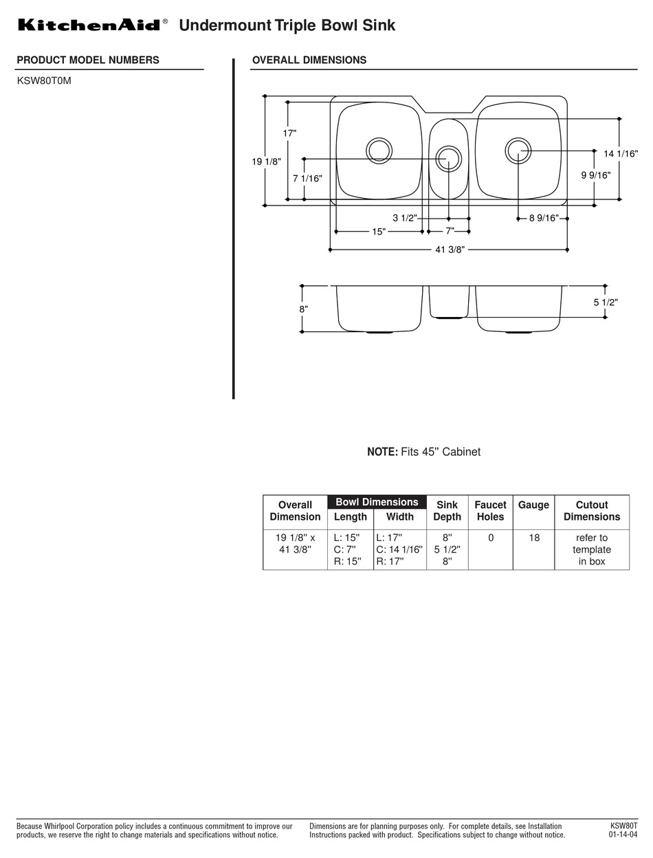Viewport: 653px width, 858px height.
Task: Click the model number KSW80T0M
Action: pyautogui.click(x=44, y=80)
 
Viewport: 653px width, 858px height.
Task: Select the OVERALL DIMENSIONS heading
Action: pyautogui.click(x=309, y=60)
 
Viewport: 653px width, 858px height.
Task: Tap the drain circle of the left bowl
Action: pyautogui.click(x=379, y=150)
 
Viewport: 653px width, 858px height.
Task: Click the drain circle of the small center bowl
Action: pyautogui.click(x=448, y=158)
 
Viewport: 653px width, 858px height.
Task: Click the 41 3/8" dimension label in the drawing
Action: pyautogui.click(x=450, y=250)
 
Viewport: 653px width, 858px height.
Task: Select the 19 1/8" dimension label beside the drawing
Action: pyautogui.click(x=267, y=162)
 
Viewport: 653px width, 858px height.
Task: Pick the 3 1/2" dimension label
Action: pyautogui.click(x=405, y=218)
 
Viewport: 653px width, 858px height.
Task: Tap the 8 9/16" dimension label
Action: pyautogui.click(x=544, y=218)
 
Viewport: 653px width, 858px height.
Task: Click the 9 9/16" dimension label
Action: pyautogui.click(x=595, y=175)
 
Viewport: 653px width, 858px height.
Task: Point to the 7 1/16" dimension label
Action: pyautogui.click(x=307, y=178)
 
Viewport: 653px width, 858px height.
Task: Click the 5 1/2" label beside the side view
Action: pyautogui.click(x=606, y=302)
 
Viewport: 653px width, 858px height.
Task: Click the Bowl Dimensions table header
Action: pyautogui.click(x=377, y=502)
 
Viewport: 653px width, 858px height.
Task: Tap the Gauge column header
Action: pyautogui.click(x=533, y=505)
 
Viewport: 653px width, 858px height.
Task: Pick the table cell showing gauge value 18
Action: pyautogui.click(x=533, y=538)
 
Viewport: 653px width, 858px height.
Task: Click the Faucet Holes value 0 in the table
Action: pyautogui.click(x=491, y=538)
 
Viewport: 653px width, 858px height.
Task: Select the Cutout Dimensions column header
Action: pyautogui.click(x=591, y=511)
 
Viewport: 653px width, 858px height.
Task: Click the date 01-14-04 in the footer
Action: pyautogui.click(x=623, y=835)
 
